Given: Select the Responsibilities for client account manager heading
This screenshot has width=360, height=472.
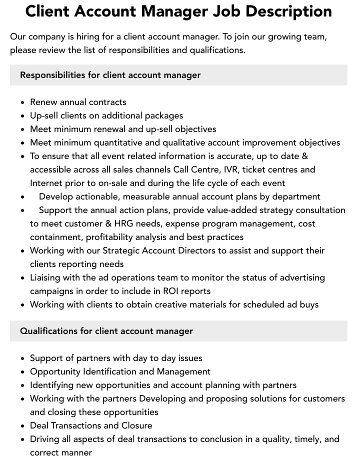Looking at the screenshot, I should (110, 75).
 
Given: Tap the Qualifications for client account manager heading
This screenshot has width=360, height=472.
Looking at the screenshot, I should (106, 331).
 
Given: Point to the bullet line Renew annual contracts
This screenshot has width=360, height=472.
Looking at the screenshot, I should (78, 102).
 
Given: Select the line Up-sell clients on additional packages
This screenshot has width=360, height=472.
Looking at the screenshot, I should (106, 115).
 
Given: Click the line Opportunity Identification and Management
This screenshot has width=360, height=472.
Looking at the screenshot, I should (120, 371).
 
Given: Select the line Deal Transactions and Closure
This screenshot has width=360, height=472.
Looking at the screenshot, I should (91, 425).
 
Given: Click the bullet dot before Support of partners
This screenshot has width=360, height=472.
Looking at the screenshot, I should (23, 358).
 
